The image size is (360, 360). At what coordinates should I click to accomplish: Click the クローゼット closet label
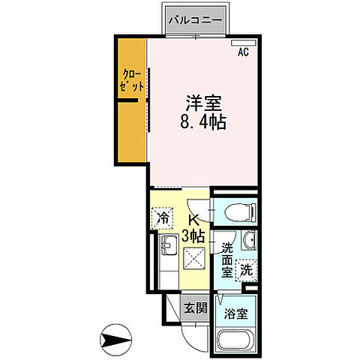click(131, 81)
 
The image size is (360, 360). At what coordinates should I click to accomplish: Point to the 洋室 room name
click(202, 102)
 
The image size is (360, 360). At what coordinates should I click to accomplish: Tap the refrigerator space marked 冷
click(163, 217)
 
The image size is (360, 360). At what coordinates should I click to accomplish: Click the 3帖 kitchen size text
click(194, 235)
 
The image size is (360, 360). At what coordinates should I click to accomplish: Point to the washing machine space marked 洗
click(245, 268)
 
